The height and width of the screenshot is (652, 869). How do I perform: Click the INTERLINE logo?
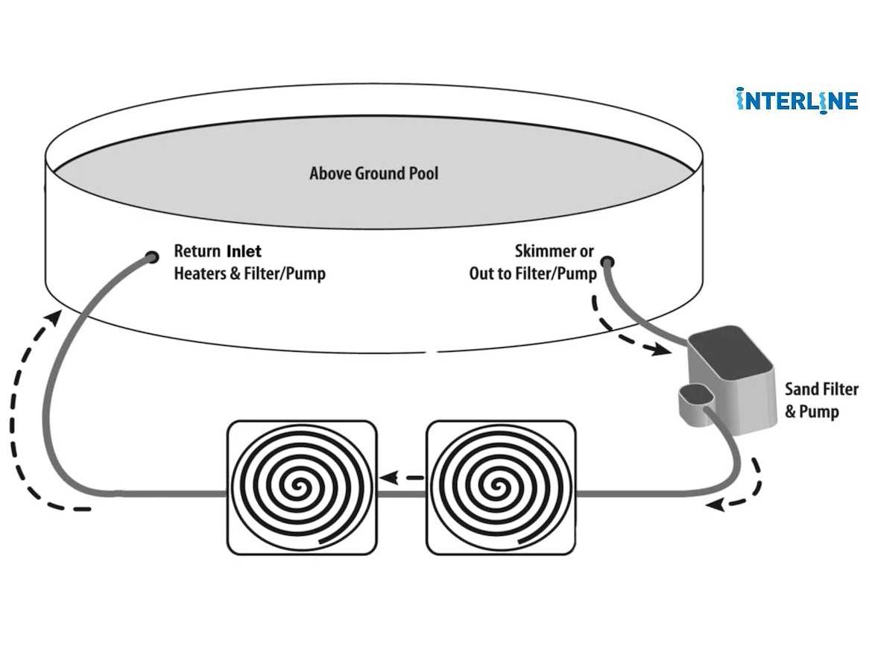click(797, 101)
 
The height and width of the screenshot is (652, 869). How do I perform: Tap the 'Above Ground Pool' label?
click(373, 174)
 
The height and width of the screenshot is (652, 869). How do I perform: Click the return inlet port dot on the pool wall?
click(151, 257)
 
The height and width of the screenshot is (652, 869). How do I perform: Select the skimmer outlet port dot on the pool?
click(608, 262)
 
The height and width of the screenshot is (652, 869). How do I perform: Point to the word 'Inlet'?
click(244, 251)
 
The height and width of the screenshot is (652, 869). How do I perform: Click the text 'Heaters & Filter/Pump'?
click(250, 273)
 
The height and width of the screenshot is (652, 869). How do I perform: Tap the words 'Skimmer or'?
click(554, 251)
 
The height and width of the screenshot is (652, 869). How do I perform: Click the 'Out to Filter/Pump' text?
click(533, 273)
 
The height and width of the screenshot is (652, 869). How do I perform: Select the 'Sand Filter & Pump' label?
click(821, 400)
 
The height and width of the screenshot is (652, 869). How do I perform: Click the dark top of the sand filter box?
click(731, 353)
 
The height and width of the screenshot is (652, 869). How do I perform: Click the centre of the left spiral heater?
click(301, 487)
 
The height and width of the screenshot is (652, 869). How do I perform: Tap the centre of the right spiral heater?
click(500, 487)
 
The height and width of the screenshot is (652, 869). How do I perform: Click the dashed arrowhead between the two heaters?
click(390, 478)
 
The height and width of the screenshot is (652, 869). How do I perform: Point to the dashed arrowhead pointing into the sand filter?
click(660, 349)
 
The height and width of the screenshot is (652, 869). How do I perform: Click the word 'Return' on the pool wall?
click(197, 251)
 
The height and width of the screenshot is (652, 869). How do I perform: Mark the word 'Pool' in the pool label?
click(423, 174)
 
